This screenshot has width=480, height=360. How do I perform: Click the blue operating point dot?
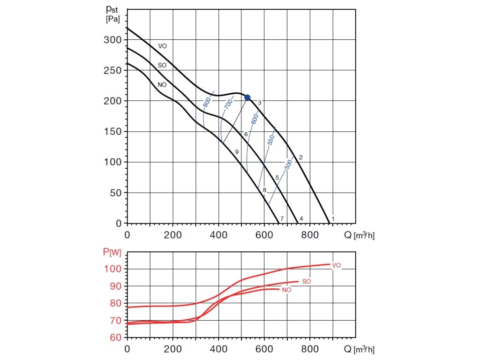pyautogui.click(x=247, y=97)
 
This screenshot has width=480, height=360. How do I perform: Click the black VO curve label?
pyautogui.click(x=162, y=46)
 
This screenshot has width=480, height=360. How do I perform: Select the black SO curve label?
pyautogui.click(x=162, y=65)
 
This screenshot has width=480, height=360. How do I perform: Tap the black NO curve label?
pyautogui.click(x=162, y=85)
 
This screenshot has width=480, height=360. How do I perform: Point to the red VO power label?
pyautogui.click(x=336, y=265)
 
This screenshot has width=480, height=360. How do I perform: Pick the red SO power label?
pyautogui.click(x=307, y=281)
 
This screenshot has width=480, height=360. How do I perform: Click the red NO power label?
pyautogui.click(x=286, y=290)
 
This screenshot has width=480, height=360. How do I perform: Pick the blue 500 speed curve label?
pyautogui.click(x=289, y=165)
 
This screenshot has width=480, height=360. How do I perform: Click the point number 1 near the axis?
pyautogui.click(x=333, y=218)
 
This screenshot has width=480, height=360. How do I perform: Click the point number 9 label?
pyautogui.click(x=237, y=152)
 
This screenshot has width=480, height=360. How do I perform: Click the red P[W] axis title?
pyautogui.click(x=112, y=253)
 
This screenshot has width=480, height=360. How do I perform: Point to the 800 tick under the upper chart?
pyautogui.click(x=309, y=234)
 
